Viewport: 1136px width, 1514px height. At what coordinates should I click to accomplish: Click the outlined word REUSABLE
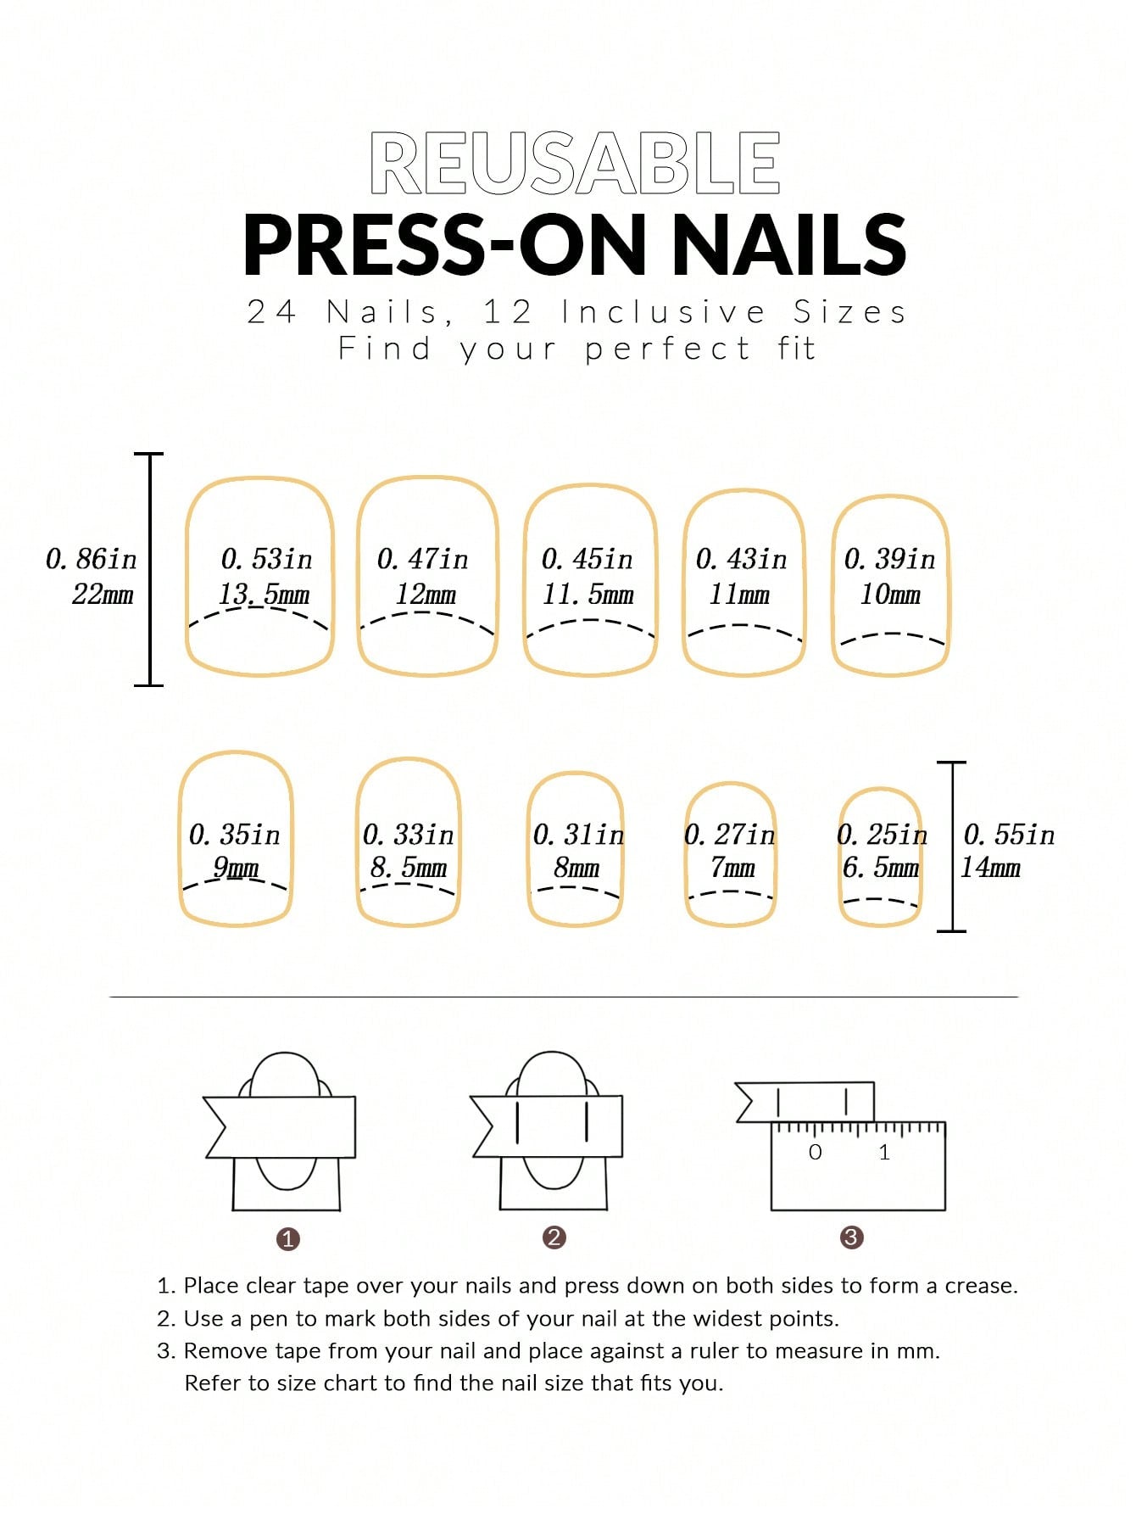click(x=575, y=163)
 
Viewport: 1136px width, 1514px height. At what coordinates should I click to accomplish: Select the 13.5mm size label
click(x=265, y=595)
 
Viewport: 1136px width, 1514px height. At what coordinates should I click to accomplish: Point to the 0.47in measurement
click(x=422, y=559)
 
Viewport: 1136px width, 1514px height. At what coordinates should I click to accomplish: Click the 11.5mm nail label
click(x=588, y=595)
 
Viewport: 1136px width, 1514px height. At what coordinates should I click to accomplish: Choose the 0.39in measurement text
click(x=889, y=559)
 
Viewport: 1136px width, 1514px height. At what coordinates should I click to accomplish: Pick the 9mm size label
click(x=236, y=868)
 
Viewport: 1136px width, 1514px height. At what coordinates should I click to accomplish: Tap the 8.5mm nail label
click(x=408, y=868)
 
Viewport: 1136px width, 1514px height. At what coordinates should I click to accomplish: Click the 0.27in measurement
click(x=730, y=835)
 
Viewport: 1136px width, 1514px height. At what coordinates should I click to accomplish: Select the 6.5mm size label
click(x=881, y=868)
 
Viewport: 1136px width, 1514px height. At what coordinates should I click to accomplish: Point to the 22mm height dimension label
click(x=103, y=595)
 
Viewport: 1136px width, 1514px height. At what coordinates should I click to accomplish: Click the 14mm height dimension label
click(x=990, y=868)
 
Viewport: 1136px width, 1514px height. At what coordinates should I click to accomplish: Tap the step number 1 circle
click(x=288, y=1239)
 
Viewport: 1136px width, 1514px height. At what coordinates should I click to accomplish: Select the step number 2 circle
click(x=554, y=1237)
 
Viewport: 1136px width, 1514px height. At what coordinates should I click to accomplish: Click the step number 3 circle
click(x=851, y=1237)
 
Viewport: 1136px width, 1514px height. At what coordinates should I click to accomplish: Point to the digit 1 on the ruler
click(x=884, y=1152)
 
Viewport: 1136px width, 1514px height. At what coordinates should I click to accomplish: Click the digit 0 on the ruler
click(x=816, y=1152)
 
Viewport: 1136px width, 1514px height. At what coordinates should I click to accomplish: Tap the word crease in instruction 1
click(x=981, y=1286)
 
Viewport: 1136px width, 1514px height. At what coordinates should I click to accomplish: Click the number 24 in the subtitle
click(x=271, y=312)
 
